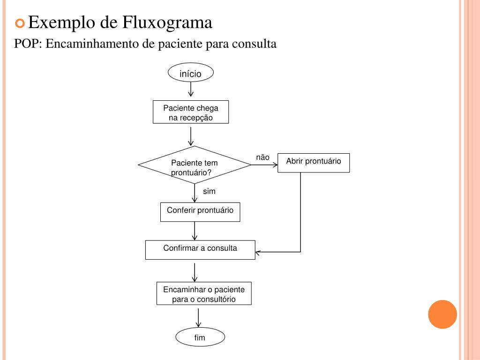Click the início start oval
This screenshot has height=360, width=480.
tap(190, 73)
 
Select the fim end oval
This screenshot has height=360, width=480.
tap(200, 337)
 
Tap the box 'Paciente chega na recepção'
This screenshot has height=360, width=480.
tap(191, 112)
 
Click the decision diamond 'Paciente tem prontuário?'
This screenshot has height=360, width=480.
tap(195, 165)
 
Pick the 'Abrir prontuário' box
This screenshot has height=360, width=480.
tap(313, 163)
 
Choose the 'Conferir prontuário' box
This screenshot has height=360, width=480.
tap(200, 211)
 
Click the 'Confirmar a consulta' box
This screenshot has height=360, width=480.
tap(200, 249)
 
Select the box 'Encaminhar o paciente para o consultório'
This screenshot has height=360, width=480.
tap(204, 293)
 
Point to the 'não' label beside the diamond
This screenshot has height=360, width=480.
tap(262, 157)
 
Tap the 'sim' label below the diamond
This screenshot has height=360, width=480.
tap(209, 191)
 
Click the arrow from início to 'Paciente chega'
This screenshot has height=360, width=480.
tap(191, 89)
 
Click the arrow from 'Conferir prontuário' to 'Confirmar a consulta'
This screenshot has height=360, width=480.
tap(195, 231)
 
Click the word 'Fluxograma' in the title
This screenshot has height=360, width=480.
tap(167, 22)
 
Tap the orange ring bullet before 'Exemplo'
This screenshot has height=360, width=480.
tap(20, 22)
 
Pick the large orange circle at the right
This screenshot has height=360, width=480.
tap(442, 314)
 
